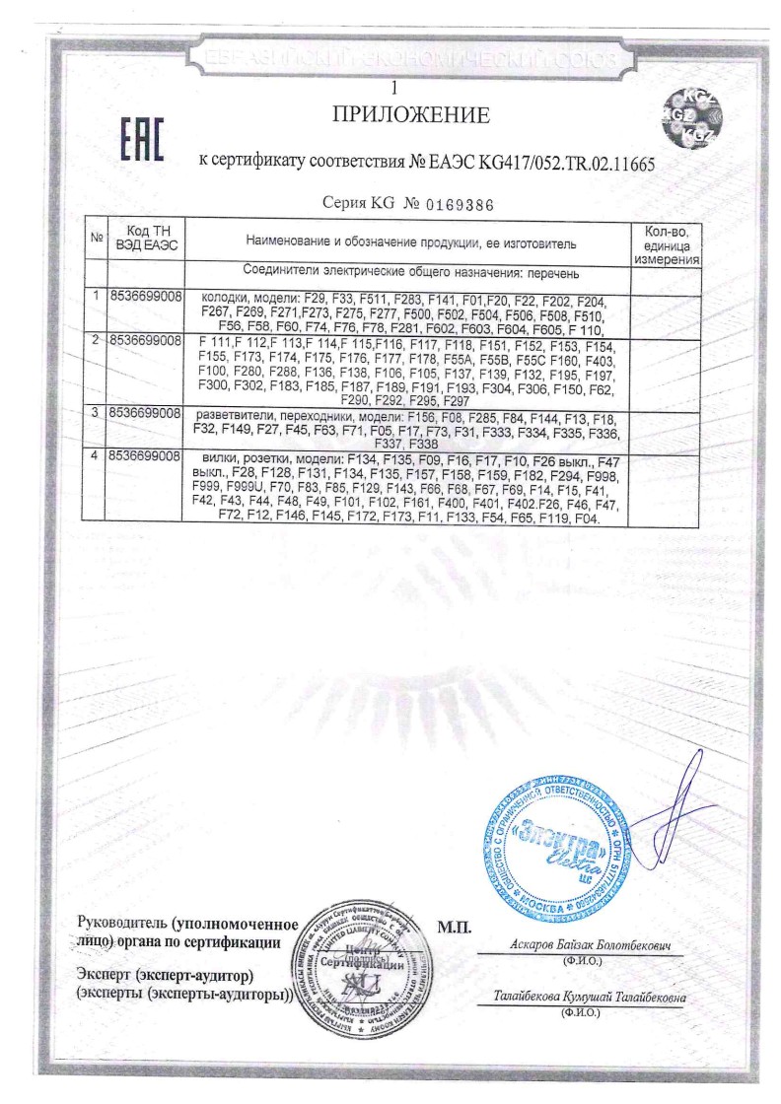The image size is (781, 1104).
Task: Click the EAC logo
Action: (x=141, y=140)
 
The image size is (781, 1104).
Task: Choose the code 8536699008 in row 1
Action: (x=144, y=296)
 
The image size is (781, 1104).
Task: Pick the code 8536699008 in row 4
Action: (x=144, y=457)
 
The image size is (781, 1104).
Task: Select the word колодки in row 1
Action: (x=228, y=297)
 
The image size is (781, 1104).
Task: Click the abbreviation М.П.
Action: (x=455, y=928)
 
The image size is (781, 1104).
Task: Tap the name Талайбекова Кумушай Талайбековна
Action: (x=590, y=999)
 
